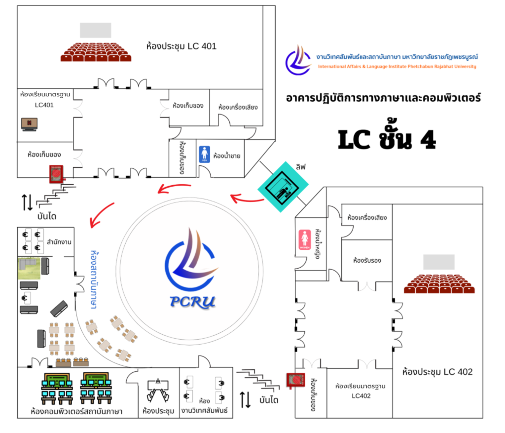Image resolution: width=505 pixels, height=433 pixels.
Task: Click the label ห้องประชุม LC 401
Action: pos(181,46)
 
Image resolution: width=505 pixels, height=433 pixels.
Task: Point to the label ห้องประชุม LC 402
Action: pos(437,372)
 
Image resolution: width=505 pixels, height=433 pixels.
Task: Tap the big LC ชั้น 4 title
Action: pos(387,139)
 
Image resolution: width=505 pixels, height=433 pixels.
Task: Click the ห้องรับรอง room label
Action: pos(366,260)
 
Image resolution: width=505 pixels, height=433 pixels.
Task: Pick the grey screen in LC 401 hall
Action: pos(96,30)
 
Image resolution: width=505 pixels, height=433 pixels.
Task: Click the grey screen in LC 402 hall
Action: pos(438,262)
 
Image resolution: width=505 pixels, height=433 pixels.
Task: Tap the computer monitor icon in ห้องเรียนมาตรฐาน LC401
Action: pos(30,123)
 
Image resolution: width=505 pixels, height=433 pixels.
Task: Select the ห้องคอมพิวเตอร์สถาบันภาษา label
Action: pos(76,411)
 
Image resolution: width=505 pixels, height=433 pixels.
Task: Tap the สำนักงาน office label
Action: pos(58,242)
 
